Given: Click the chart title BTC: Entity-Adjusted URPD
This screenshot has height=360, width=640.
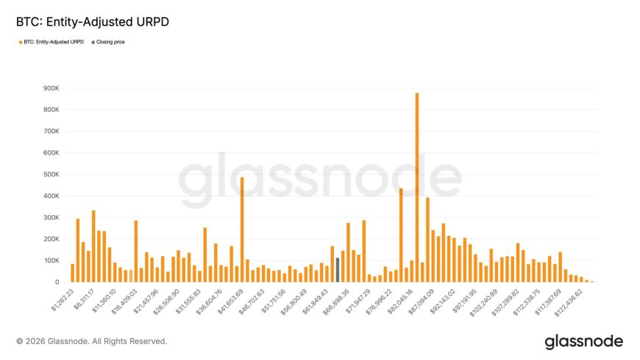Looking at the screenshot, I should point(93,22).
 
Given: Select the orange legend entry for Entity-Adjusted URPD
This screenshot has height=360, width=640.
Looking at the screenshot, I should point(51,42).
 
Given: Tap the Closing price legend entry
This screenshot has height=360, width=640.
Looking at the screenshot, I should point(107,42).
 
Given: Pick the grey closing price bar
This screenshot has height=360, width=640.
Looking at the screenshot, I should point(337,269).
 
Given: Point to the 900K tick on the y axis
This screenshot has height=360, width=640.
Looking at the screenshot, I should point(50,88).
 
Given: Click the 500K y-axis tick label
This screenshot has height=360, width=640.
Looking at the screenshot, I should point(50,174).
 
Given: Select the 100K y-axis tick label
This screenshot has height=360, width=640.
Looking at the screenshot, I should point(50,261).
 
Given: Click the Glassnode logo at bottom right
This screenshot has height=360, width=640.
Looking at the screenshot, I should point(583,342).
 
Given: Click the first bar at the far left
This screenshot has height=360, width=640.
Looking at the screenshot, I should point(72,273).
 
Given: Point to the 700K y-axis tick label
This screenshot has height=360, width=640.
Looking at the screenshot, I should point(50,131).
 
